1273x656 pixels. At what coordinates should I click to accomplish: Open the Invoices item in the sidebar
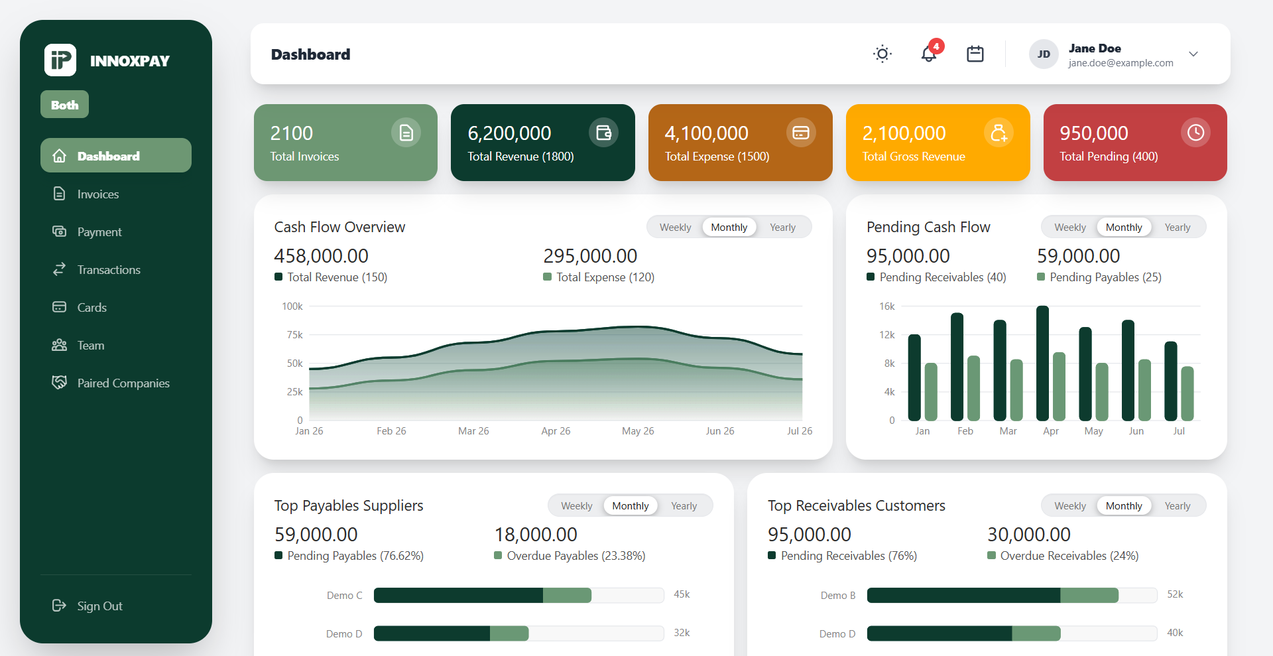97,194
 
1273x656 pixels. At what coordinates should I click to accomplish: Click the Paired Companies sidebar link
123,383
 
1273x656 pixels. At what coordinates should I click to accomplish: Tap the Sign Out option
99,606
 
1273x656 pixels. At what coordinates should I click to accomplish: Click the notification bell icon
929,54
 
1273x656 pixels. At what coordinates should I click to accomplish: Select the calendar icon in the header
975,54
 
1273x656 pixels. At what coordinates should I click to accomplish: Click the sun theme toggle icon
882,54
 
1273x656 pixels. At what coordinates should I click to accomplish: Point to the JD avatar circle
1044,54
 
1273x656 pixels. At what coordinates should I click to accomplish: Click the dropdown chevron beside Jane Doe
1193,54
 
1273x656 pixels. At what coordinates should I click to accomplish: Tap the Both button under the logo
64,104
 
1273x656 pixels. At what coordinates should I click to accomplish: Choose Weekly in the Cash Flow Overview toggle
675,228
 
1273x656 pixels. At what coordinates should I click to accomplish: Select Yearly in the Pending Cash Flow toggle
1178,228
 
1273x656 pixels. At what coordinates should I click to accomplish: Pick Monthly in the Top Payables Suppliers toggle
631,506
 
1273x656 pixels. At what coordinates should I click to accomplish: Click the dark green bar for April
1043,363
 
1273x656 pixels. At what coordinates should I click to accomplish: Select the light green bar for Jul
1187,393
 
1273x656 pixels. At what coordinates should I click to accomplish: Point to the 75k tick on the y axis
295,335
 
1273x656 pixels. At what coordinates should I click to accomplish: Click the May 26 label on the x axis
638,431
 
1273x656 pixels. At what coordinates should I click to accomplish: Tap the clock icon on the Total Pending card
1195,133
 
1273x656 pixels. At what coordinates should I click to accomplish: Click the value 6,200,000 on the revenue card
509,133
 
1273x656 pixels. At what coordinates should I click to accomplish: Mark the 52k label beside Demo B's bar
1175,594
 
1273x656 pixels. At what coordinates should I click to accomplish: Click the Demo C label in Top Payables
344,596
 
